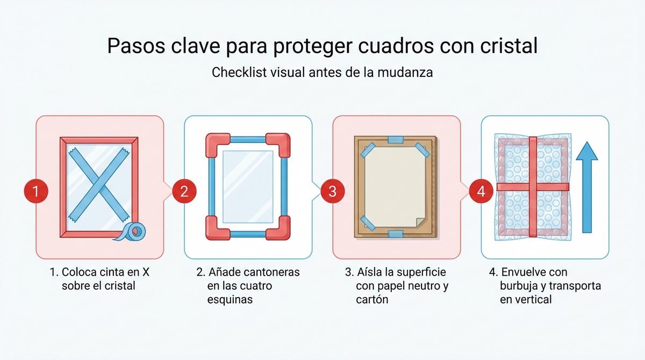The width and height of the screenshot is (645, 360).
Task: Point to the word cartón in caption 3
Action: [x=372, y=299]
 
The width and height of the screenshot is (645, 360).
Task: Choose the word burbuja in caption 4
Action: [x=519, y=286]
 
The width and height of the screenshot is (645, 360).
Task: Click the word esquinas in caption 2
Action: [x=230, y=299]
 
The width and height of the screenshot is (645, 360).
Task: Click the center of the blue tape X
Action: [x=99, y=186]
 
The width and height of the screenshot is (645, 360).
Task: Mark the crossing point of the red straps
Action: [x=532, y=187]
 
